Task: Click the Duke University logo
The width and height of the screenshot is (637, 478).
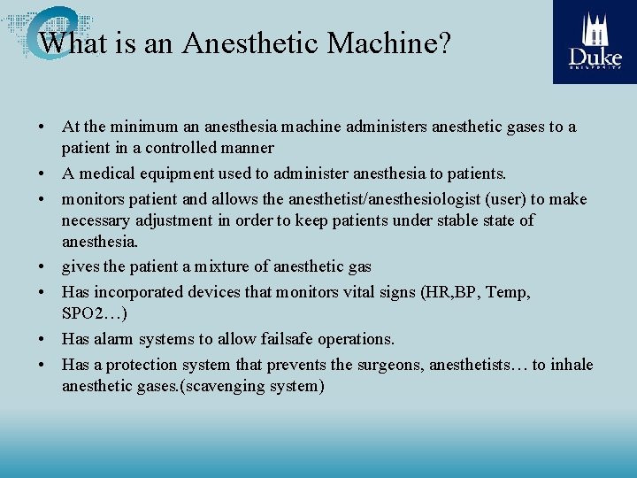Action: click(x=595, y=42)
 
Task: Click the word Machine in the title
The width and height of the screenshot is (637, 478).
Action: click(x=389, y=42)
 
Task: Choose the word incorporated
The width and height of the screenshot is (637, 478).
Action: click(x=139, y=291)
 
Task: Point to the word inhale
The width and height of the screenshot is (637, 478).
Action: click(x=571, y=365)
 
